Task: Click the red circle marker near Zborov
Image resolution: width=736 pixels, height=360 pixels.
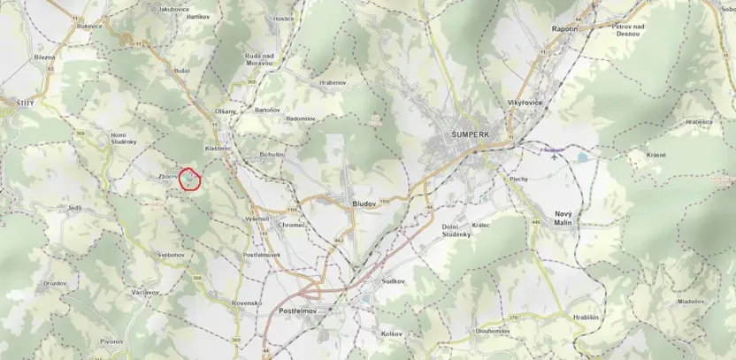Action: pos(191,180)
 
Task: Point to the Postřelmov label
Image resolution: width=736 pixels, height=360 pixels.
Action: pos(298,312)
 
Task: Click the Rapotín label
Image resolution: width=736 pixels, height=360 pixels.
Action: pos(565,28)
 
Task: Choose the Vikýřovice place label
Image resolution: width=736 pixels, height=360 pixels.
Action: pos(525,103)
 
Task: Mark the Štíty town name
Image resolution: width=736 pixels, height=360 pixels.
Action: pos(25,103)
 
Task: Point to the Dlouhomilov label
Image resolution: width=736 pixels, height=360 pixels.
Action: pos(492,331)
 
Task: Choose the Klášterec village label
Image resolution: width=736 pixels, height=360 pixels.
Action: pos(218,149)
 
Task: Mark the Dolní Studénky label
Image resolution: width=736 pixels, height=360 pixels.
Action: pos(457,230)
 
